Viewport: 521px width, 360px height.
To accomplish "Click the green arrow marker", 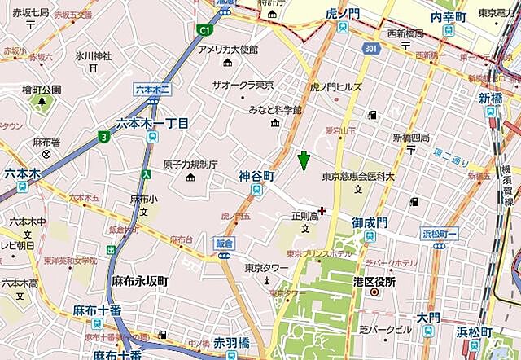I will (304, 161).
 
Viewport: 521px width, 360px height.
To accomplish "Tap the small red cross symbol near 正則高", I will (322, 211).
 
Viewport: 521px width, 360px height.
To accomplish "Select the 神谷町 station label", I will (256, 176).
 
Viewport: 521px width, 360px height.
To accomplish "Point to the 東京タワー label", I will (266, 268).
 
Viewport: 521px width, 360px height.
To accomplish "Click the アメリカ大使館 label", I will (227, 50).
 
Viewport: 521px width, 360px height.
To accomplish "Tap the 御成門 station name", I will (369, 222).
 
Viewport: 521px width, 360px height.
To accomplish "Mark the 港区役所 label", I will (374, 282).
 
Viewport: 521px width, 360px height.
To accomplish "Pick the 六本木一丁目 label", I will (152, 123).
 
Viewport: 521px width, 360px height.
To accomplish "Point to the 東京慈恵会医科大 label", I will (358, 177).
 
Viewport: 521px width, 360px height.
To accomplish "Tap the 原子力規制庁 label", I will (190, 164).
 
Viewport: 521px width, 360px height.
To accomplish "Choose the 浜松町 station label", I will (473, 332).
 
